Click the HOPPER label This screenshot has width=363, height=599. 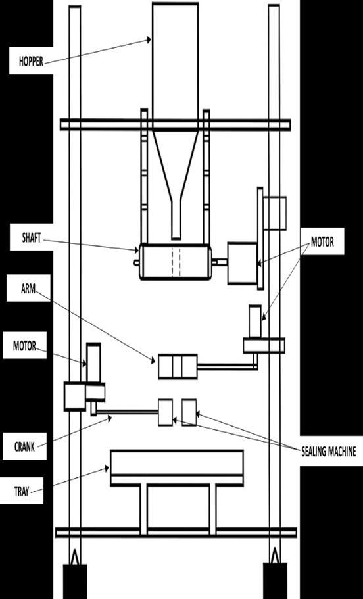click(31, 61)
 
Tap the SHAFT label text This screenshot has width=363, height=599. click(31, 237)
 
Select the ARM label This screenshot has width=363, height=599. click(28, 289)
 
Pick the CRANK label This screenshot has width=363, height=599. click(24, 446)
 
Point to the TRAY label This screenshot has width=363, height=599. click(22, 491)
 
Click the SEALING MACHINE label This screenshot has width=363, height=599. click(329, 452)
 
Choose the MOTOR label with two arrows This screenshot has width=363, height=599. click(322, 242)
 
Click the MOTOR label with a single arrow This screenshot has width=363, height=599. click(24, 346)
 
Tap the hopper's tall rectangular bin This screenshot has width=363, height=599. click(176, 66)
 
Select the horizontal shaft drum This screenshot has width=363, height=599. click(176, 262)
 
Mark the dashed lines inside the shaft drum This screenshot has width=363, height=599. click(176, 262)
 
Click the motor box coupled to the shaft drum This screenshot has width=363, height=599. click(243, 263)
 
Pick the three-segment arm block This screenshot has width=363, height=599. click(178, 367)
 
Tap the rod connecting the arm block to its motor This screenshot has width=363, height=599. click(228, 367)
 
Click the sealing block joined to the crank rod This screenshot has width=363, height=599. click(166, 412)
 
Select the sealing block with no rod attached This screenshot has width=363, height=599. click(189, 412)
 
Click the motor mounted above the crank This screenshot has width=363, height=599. click(93, 363)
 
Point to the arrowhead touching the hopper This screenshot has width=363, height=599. click(149, 39)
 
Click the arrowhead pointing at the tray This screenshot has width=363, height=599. click(107, 468)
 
